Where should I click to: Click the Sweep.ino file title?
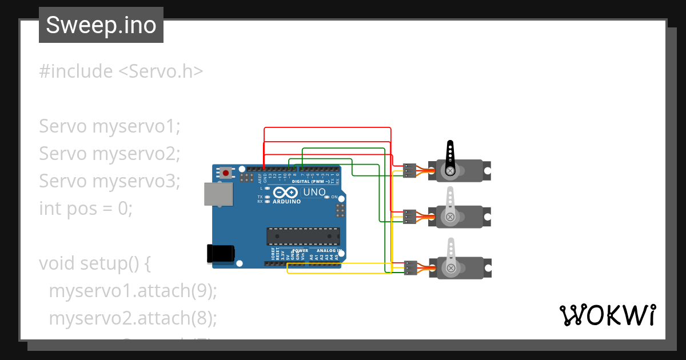101,25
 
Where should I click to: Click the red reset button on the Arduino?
226,173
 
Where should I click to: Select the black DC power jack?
220,253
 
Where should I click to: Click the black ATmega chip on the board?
303,236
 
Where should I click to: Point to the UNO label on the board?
313,192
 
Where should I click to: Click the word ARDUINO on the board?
287,202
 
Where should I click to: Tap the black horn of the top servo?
450,156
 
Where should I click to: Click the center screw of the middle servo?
450,217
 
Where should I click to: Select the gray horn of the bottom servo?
450,252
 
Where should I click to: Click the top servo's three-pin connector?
409,170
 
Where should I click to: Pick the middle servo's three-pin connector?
409,217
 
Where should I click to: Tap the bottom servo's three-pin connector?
409,267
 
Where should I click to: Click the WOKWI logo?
607,315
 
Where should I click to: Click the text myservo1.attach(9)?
133,290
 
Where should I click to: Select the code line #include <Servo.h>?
121,71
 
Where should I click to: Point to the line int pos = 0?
86,208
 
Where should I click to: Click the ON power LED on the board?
326,197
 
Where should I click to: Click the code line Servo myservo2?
110,153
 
